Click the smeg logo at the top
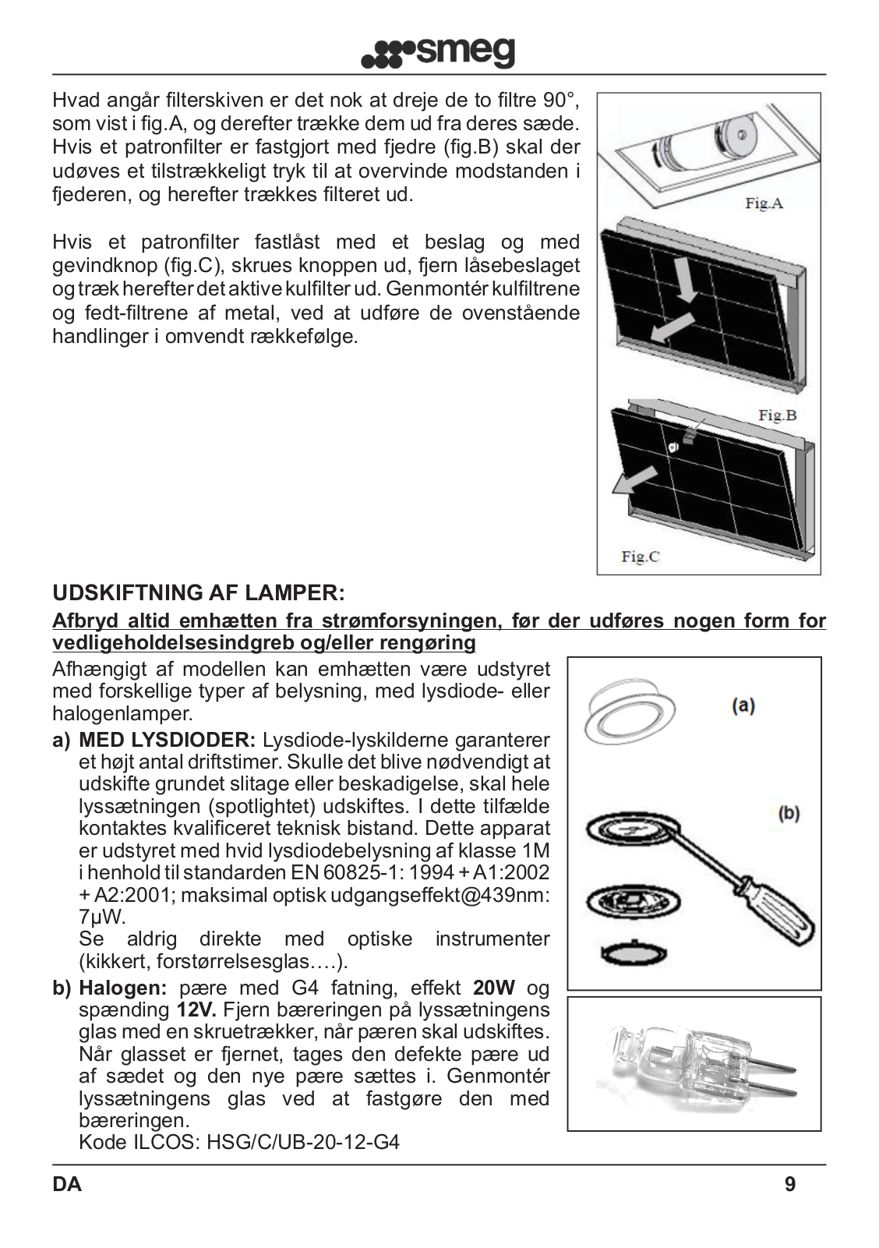439,52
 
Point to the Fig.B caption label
777,415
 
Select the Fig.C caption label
640,556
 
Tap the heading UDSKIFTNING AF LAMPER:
198,592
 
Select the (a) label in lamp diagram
742,706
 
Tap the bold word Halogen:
123,988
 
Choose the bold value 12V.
196,1010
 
